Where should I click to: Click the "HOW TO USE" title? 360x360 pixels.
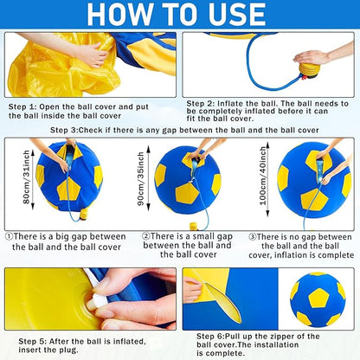[180, 16]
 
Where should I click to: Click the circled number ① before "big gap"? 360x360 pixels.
[10, 235]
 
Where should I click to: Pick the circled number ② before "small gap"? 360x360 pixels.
[146, 235]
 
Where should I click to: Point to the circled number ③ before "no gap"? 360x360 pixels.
[252, 235]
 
